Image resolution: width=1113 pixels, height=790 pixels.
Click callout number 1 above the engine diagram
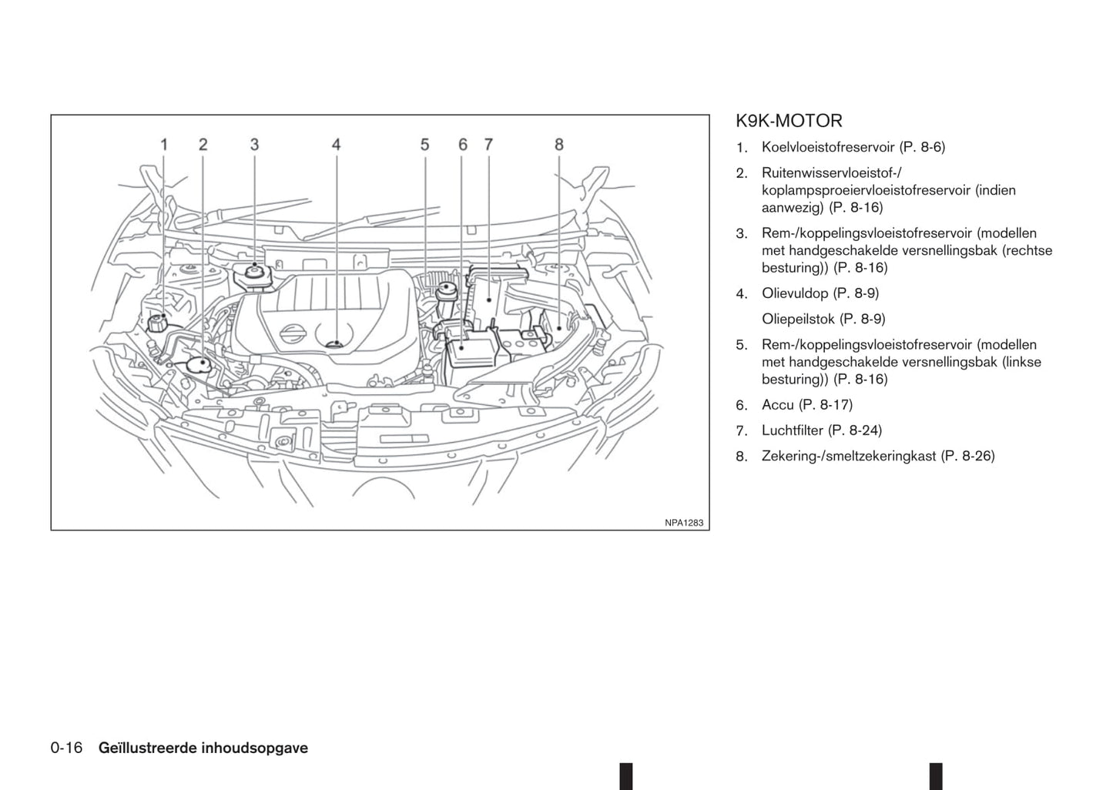point(164,145)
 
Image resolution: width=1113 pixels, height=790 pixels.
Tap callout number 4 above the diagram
point(337,145)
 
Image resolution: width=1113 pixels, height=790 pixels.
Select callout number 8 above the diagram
point(559,145)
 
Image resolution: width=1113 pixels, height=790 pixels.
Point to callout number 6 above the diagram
point(463,145)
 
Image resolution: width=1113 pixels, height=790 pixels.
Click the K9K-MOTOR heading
point(789,121)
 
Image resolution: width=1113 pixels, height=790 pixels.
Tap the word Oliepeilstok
point(798,319)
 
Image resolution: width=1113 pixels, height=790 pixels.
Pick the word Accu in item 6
point(778,405)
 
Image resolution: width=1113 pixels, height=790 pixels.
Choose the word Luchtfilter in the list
point(793,430)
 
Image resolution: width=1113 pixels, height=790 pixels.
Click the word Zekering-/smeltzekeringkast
point(849,456)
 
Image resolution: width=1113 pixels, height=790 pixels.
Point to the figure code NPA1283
point(684,523)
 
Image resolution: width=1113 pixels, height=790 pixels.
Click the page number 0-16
point(66,748)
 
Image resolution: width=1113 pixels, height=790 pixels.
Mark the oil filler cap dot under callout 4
point(337,343)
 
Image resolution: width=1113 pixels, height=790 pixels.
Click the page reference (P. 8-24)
point(855,430)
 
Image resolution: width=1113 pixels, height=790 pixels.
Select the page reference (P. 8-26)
point(968,456)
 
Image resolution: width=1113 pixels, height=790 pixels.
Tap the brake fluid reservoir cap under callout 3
point(254,273)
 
